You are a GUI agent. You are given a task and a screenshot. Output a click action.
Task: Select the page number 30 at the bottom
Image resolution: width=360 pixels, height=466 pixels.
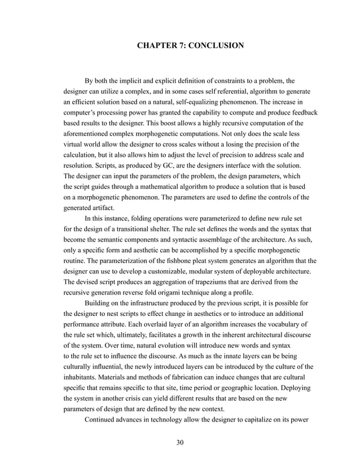click(180, 441)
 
